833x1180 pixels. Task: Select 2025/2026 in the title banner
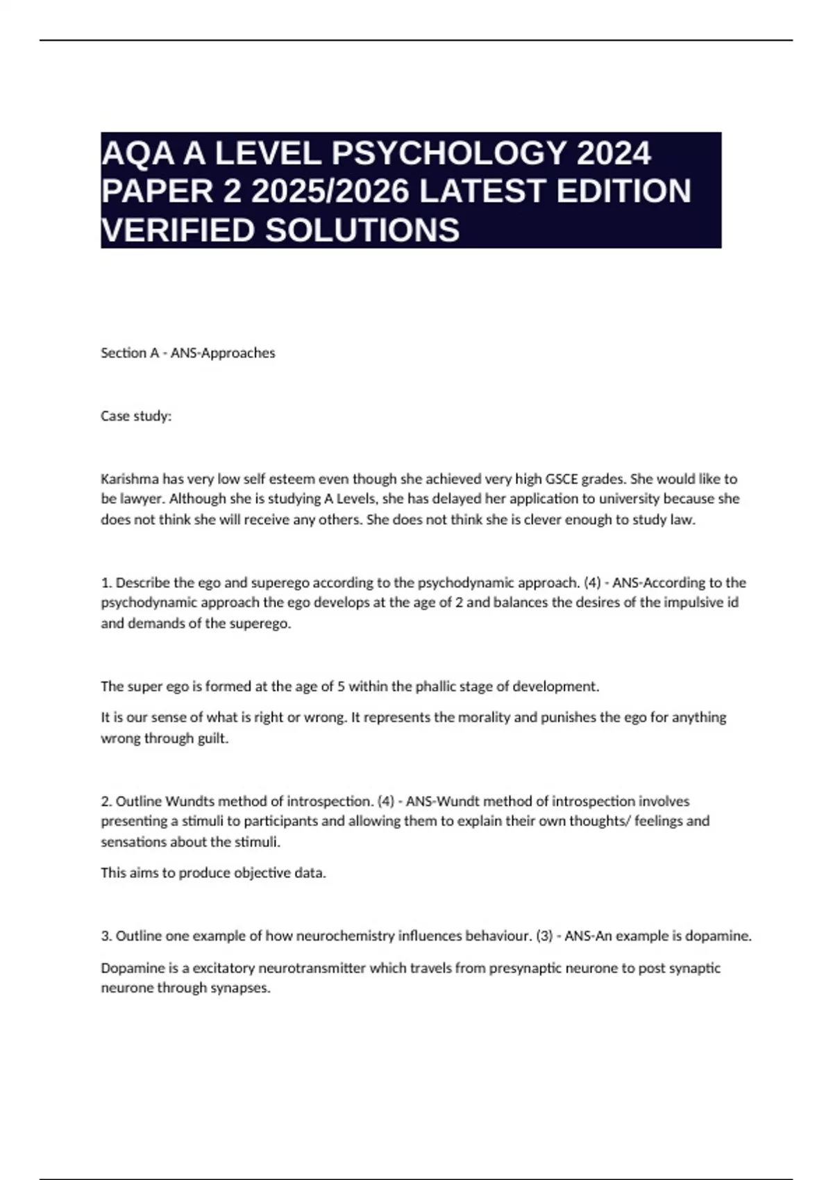point(330,192)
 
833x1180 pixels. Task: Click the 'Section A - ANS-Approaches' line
point(188,353)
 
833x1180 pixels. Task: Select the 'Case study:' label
point(136,416)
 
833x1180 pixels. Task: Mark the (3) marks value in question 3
point(544,936)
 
